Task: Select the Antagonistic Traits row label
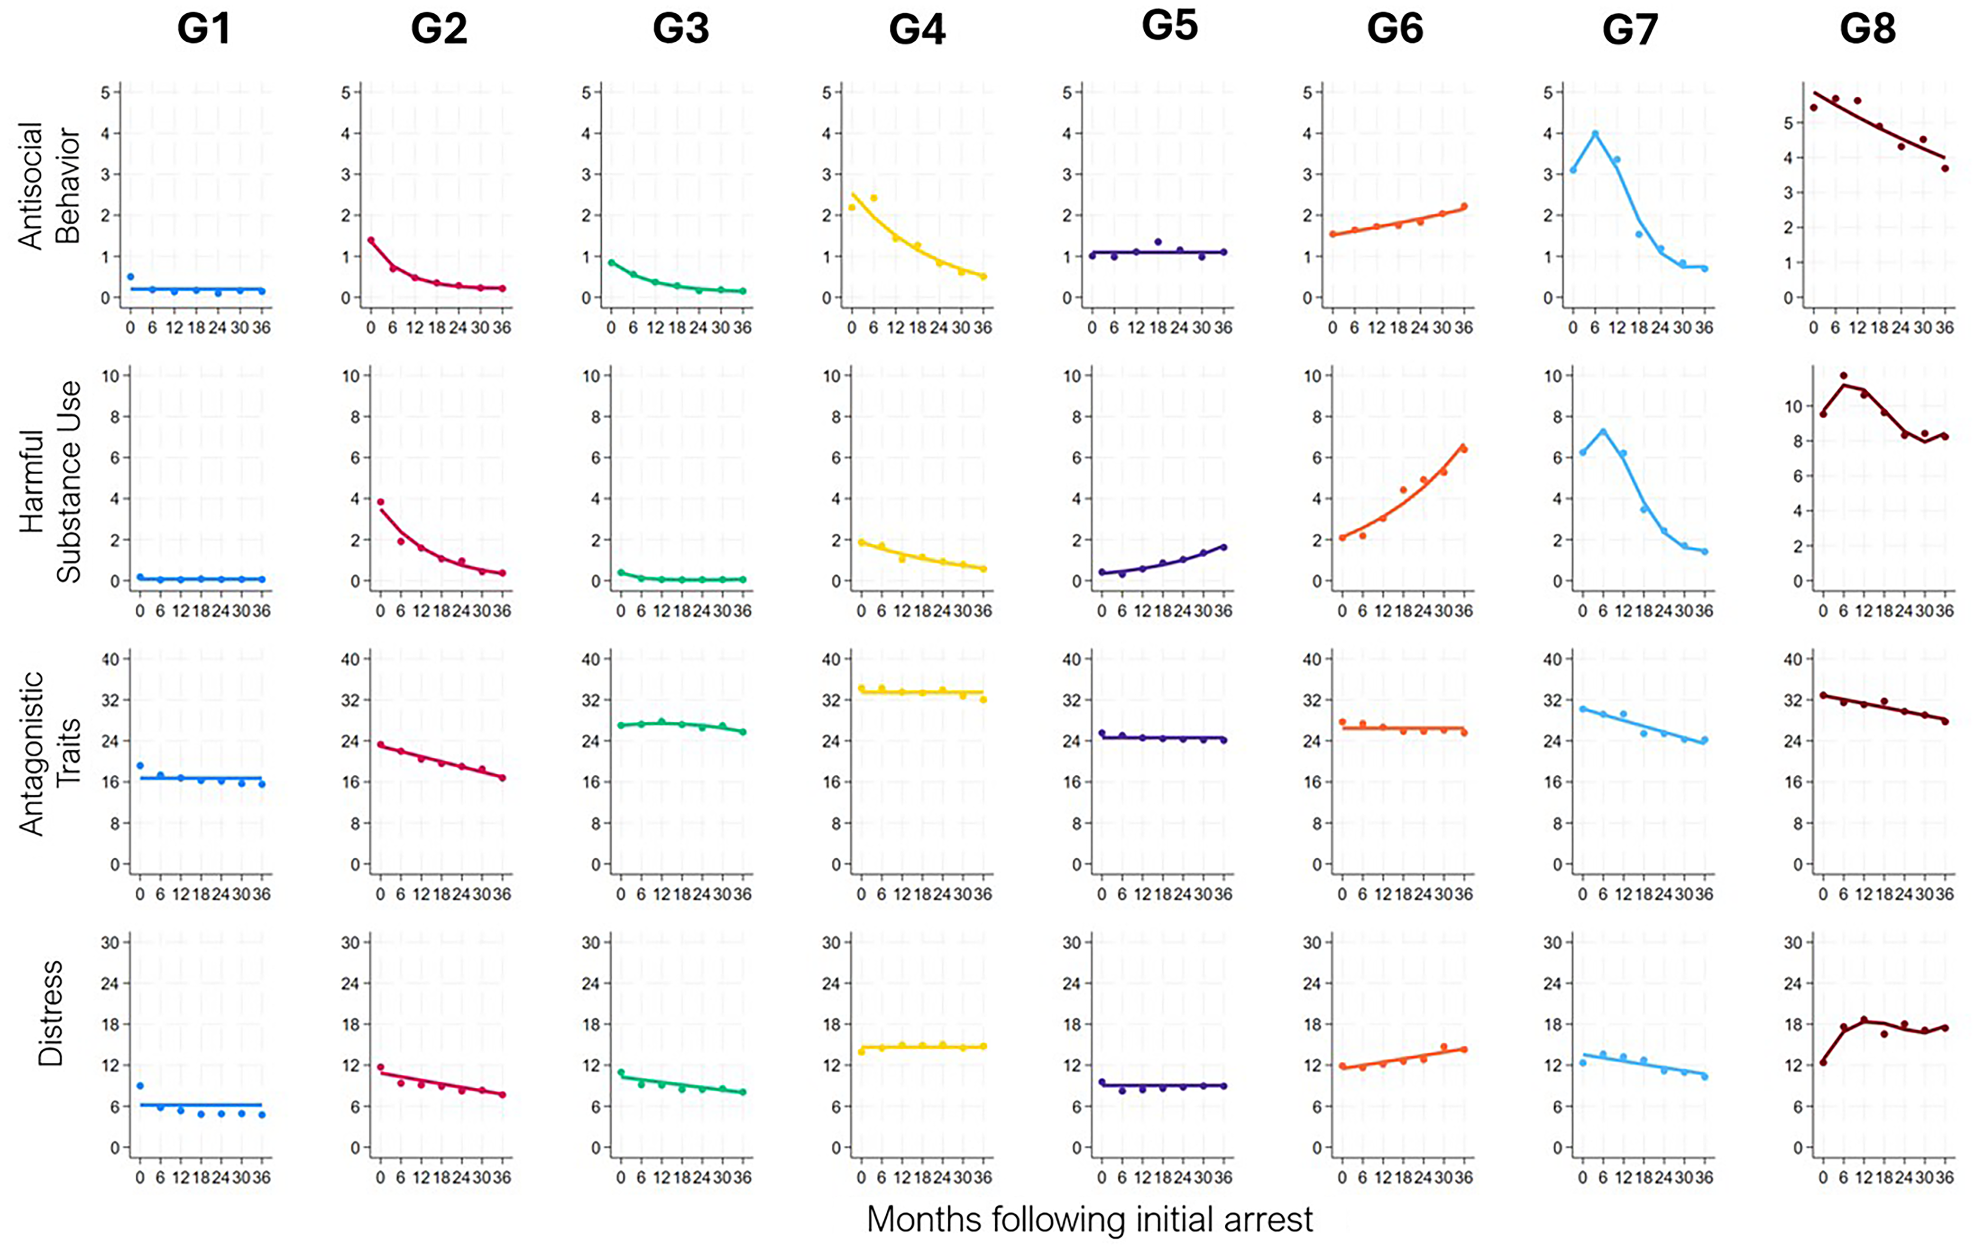pos(49,753)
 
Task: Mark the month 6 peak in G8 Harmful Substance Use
pos(1844,376)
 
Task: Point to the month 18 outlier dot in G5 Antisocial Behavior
pos(1158,242)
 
